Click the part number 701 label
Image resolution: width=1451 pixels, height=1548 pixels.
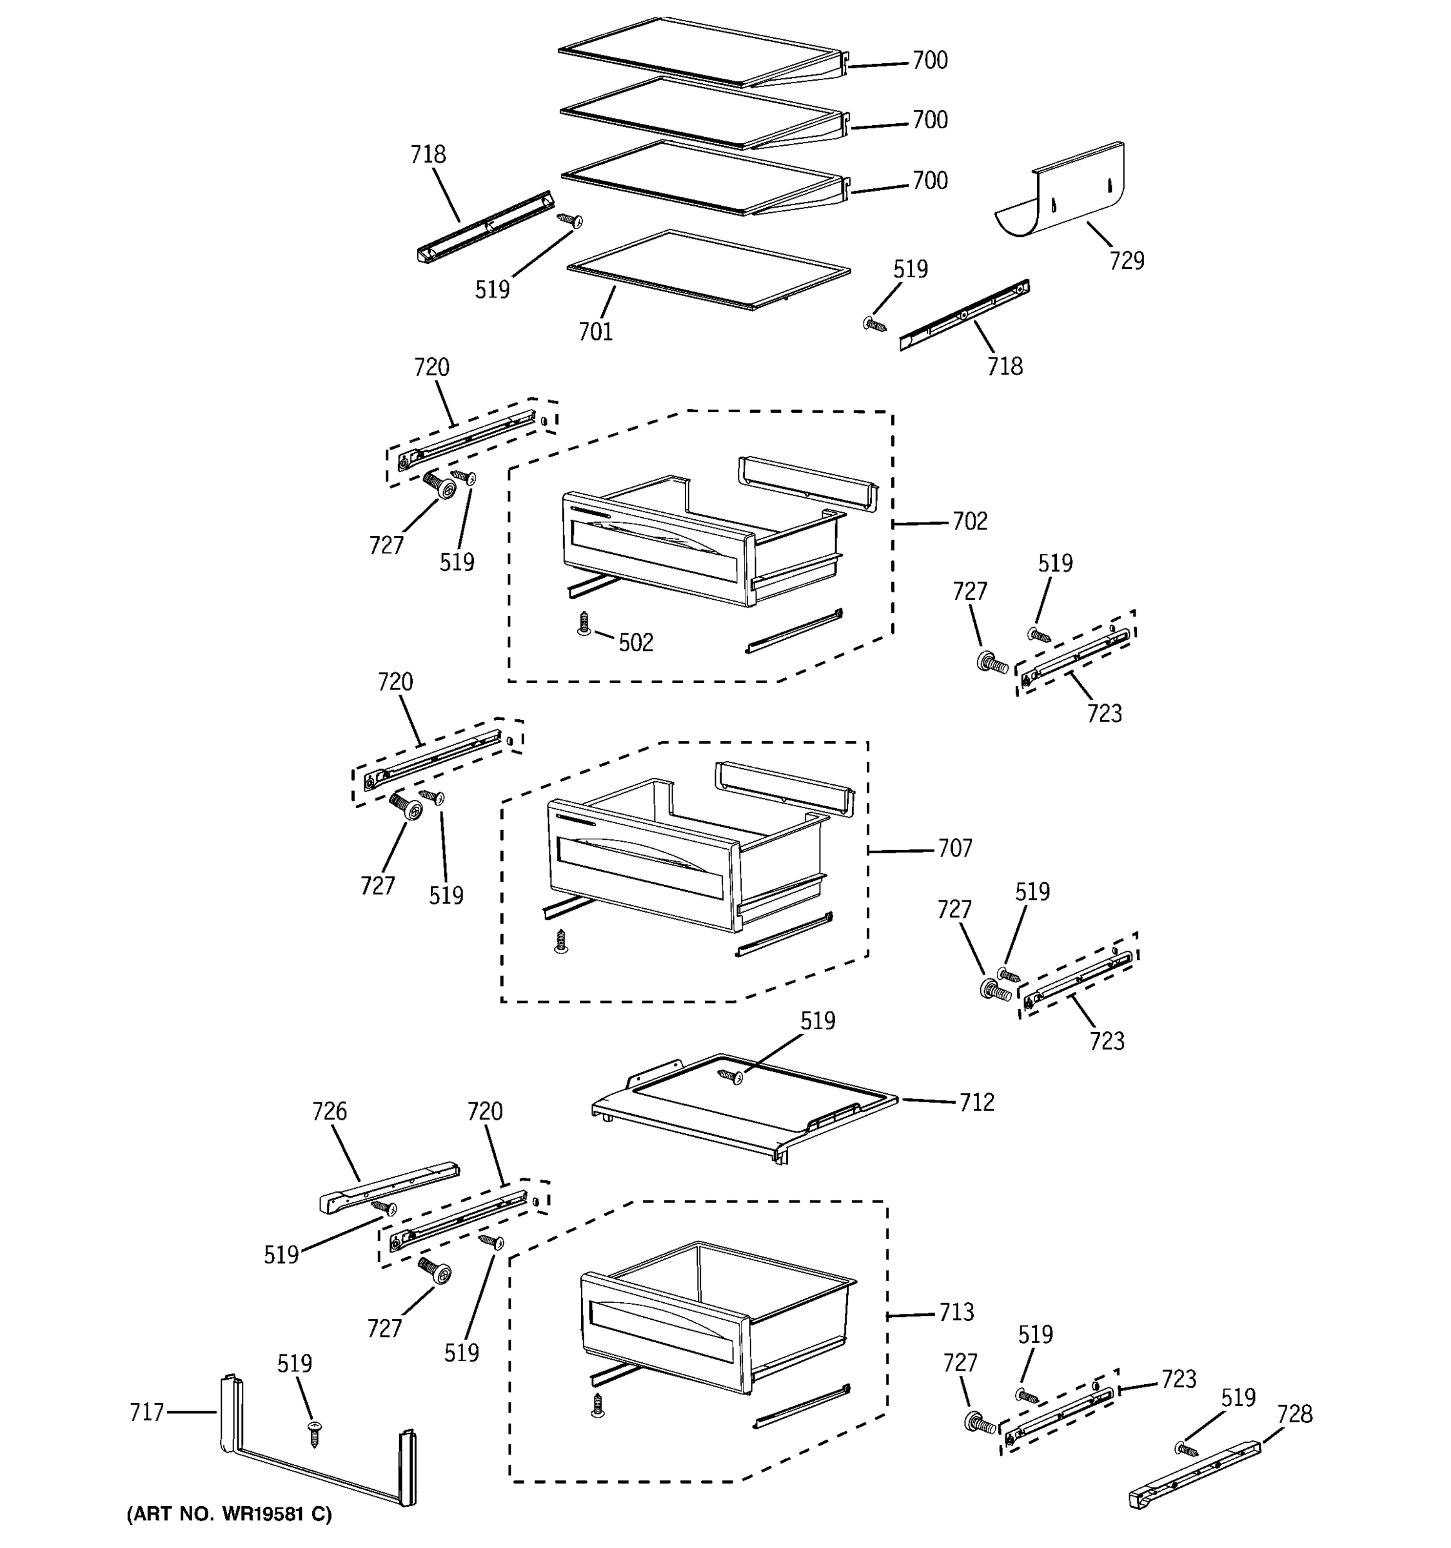pyautogui.click(x=595, y=332)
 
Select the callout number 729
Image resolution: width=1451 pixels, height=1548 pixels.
pyautogui.click(x=1127, y=260)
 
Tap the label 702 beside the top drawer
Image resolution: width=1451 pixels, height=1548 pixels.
pyautogui.click(x=969, y=521)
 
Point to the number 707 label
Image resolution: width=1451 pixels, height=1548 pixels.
pyautogui.click(x=954, y=848)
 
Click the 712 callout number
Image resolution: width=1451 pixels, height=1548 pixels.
pyautogui.click(x=976, y=1102)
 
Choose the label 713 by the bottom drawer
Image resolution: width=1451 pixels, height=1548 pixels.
pyautogui.click(x=956, y=1312)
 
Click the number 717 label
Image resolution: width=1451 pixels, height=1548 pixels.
pyautogui.click(x=146, y=1412)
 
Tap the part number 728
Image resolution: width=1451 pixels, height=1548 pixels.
pyautogui.click(x=1294, y=1413)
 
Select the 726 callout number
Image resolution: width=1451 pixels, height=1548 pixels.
pyautogui.click(x=330, y=1111)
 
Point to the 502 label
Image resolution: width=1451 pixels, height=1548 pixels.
pyautogui.click(x=636, y=642)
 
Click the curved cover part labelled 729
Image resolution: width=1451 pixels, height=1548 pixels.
pyautogui.click(x=1063, y=191)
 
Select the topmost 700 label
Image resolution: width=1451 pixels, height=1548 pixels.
pyautogui.click(x=929, y=60)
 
